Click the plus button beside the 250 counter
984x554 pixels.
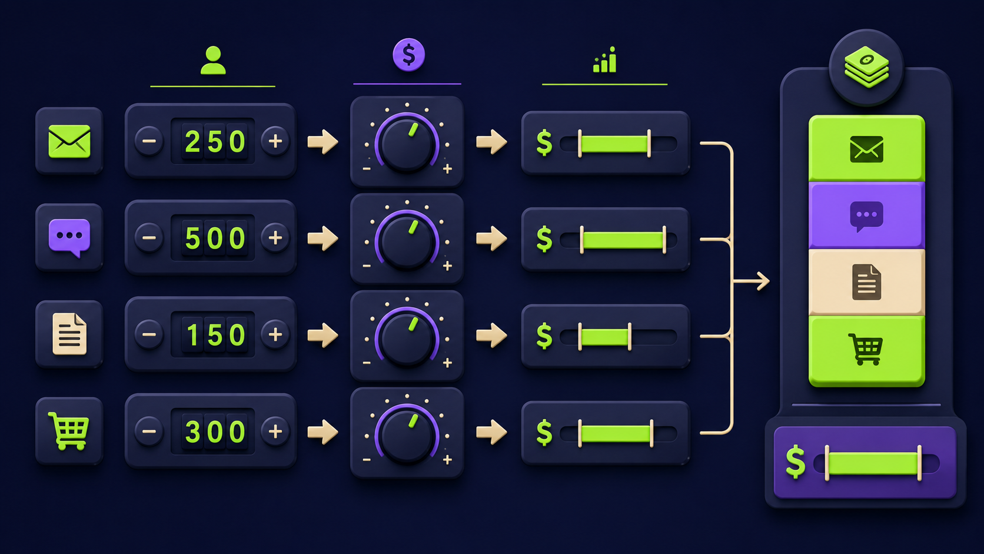(275, 141)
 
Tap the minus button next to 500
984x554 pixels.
(149, 238)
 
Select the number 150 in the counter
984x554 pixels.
(215, 335)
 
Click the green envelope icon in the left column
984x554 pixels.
(69, 141)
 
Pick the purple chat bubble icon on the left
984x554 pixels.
(69, 238)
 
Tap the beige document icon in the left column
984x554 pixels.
(69, 334)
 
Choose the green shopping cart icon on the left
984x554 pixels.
(69, 431)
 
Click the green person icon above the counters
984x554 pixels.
(213, 60)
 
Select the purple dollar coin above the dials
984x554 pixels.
(408, 55)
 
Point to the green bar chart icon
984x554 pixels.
(604, 59)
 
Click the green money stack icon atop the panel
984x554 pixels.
(866, 67)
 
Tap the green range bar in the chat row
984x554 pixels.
(623, 240)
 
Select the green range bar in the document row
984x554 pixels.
(604, 337)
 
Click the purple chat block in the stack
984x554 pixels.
(867, 215)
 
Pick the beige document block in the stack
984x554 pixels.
(867, 283)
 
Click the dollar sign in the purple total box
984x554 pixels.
(796, 462)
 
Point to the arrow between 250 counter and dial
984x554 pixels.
(323, 141)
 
